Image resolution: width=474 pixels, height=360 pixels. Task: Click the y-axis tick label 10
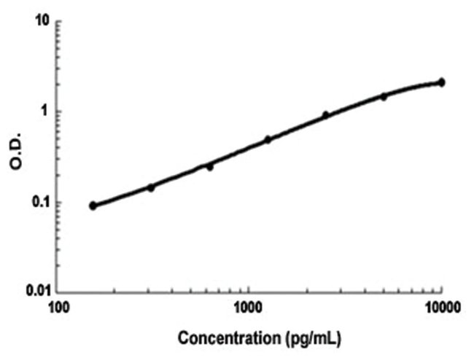click(x=41, y=22)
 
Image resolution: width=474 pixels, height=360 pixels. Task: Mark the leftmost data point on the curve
click(x=93, y=206)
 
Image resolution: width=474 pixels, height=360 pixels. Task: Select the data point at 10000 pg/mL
click(x=441, y=82)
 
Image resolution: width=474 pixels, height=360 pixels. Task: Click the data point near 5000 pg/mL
click(x=384, y=96)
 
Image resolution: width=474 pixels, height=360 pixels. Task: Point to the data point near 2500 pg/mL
click(x=326, y=115)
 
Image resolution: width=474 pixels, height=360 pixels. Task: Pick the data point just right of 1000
click(x=268, y=139)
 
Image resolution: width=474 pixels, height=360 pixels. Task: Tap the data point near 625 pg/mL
click(x=209, y=167)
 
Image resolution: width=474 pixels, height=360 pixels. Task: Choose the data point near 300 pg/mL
click(x=151, y=187)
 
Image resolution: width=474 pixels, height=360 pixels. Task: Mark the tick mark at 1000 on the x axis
click(x=249, y=289)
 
